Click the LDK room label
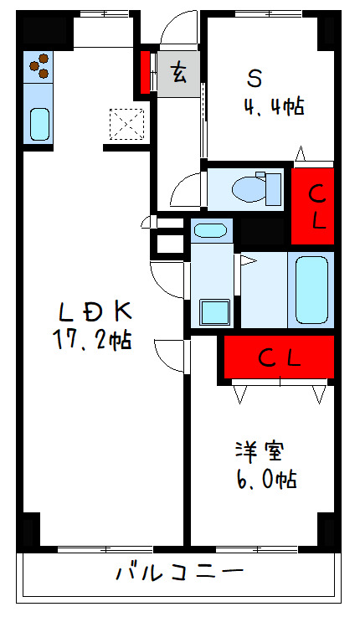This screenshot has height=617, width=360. [94, 312]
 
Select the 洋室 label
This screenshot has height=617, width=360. [260, 452]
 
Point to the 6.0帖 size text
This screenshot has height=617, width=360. [266, 479]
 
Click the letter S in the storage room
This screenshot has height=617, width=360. [255, 79]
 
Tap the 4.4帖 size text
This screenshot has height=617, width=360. [274, 106]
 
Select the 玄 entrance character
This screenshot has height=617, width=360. [178, 74]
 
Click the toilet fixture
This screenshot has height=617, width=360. [256, 189]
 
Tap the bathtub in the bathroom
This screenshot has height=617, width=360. [311, 290]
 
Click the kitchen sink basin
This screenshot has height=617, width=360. [39, 123]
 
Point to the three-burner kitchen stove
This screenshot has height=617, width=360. [39, 66]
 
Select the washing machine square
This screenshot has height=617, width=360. [214, 312]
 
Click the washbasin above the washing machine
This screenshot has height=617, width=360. [211, 230]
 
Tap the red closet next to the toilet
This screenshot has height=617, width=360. [312, 206]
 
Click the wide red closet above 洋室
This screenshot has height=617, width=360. [279, 357]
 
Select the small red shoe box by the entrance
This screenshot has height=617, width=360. [145, 72]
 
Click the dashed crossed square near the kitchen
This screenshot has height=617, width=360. [126, 125]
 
